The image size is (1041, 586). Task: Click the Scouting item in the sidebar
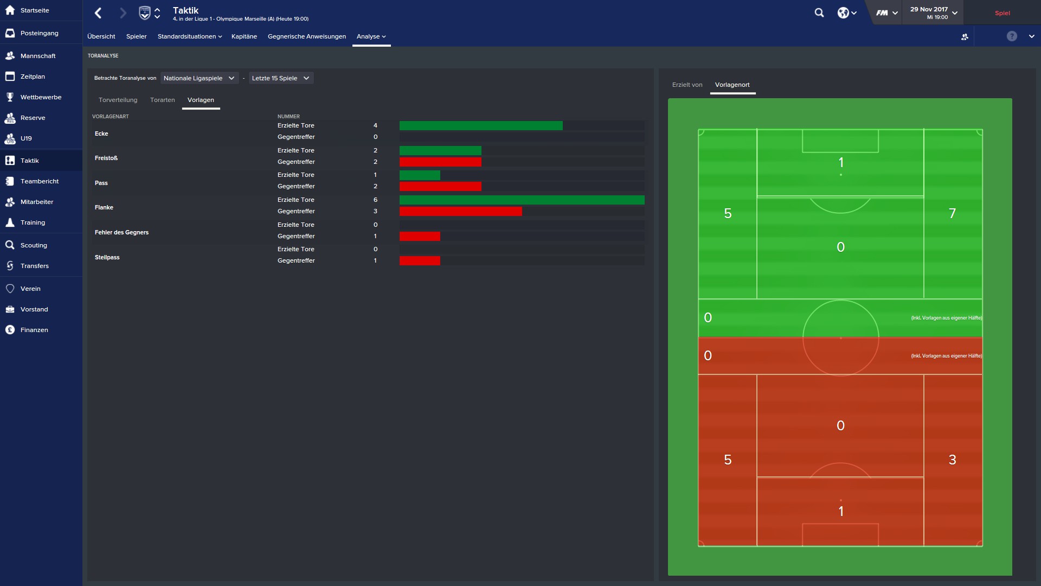[x=34, y=245]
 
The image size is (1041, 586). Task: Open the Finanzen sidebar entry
[x=34, y=330]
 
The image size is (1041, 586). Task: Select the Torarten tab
[x=162, y=100]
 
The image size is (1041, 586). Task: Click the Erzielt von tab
[x=687, y=85]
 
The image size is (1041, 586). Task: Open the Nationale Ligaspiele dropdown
[x=199, y=78]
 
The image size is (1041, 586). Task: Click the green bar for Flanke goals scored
[x=522, y=200]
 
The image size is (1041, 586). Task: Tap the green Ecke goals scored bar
[x=481, y=125]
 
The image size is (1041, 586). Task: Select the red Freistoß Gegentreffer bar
[x=440, y=162]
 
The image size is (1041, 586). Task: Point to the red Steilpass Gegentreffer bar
[x=420, y=260]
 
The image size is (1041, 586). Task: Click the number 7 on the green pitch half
[x=952, y=213]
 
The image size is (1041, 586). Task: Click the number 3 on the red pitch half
[x=952, y=460]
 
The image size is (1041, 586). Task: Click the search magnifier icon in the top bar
[x=819, y=13]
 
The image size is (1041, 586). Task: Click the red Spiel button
[x=1002, y=13]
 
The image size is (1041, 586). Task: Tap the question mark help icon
[x=1012, y=36]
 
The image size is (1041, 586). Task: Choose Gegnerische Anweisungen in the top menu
[x=306, y=36]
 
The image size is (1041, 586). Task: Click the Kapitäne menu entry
[x=244, y=36]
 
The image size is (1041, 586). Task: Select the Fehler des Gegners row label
[x=121, y=232]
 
